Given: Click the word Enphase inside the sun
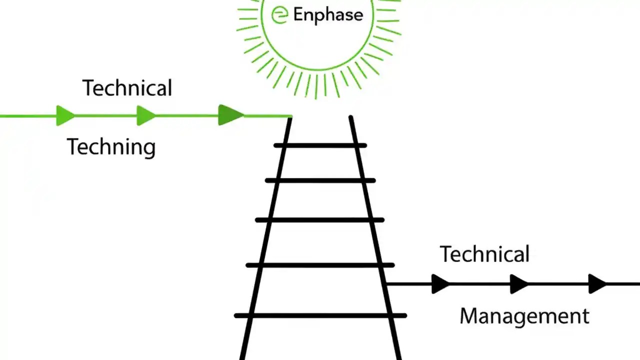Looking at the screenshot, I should [x=327, y=14].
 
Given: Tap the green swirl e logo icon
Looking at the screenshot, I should [x=279, y=14].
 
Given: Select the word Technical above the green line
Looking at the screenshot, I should [x=127, y=88].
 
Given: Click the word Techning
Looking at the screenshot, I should [x=111, y=147].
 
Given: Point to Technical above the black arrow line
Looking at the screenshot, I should [x=484, y=254].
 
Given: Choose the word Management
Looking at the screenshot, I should [x=524, y=316].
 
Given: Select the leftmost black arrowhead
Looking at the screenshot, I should [x=440, y=284].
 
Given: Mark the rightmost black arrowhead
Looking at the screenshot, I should [x=597, y=284].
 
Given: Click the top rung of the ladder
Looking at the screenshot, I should [x=320, y=145].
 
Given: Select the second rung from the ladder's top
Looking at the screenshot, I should [x=320, y=180].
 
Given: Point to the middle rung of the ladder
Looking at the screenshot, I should [x=320, y=219].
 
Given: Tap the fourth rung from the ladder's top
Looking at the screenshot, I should [x=320, y=265].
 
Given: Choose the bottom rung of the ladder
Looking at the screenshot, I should [x=320, y=315].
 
